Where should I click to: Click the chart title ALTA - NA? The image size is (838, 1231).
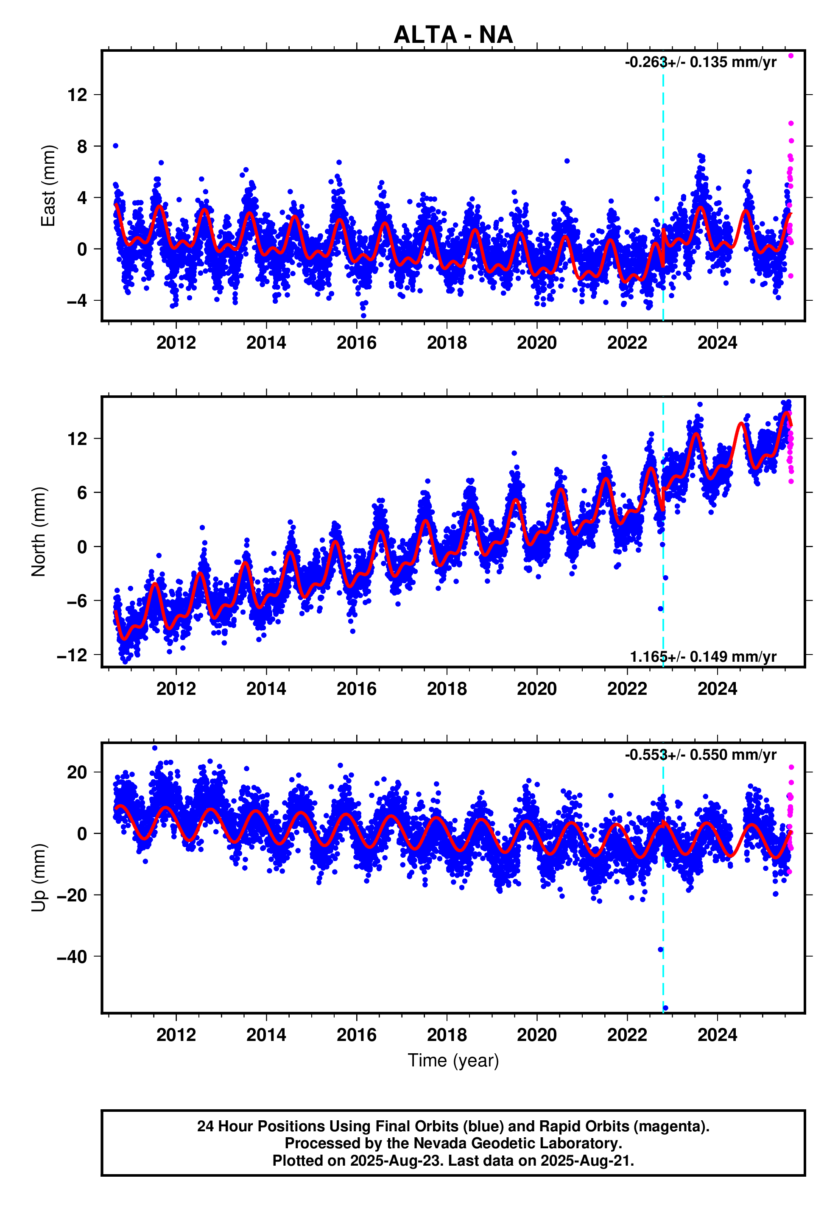click(x=453, y=35)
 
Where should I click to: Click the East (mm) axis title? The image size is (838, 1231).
click(x=48, y=185)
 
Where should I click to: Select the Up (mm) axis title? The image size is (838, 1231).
click(x=39, y=877)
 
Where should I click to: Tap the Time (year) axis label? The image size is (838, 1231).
click(x=453, y=1060)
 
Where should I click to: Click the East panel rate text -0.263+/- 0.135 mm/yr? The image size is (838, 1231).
click(x=700, y=62)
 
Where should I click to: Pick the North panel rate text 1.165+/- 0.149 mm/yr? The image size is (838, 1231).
click(x=703, y=657)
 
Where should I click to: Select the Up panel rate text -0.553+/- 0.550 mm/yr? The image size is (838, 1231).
click(x=700, y=755)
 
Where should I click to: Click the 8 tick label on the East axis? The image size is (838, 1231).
click(x=81, y=146)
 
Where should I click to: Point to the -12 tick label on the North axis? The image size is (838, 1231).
click(x=72, y=655)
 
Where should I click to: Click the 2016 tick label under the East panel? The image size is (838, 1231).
click(x=357, y=343)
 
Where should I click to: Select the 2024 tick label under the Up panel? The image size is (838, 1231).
click(x=717, y=1035)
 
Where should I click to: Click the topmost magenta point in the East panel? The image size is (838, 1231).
click(x=791, y=56)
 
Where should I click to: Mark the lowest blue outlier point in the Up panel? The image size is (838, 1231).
click(x=665, y=1007)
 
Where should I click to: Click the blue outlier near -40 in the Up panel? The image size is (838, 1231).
click(x=660, y=950)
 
